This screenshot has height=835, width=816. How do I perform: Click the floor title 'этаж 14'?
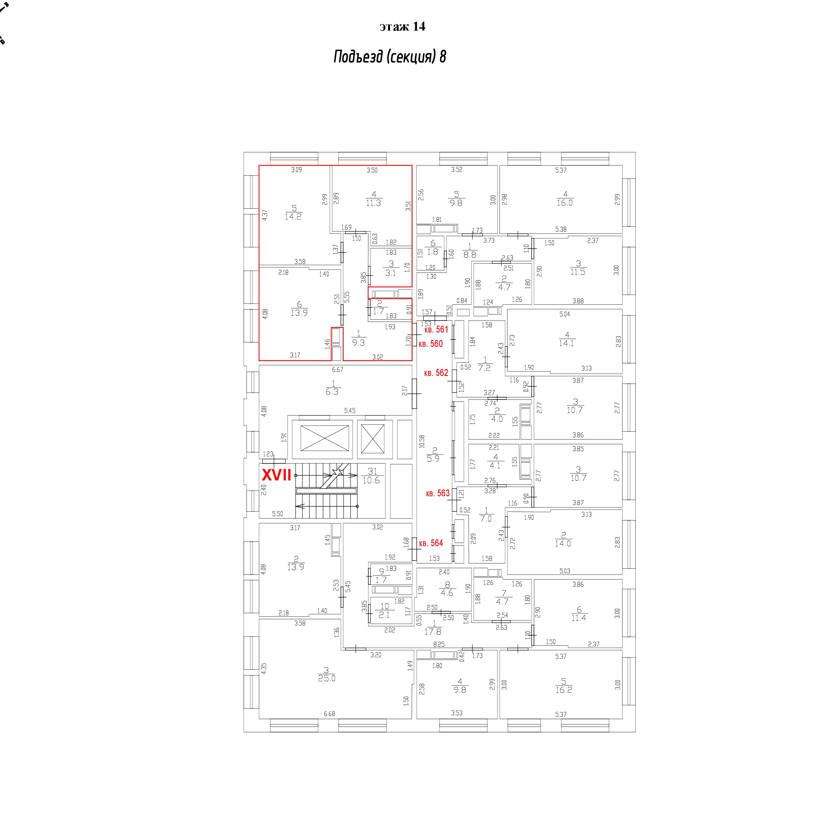coord(402,27)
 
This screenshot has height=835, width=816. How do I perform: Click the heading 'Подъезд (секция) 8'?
coord(390,57)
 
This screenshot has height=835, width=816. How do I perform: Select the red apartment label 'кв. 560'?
coord(430,343)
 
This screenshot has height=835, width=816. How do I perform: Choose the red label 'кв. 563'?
coord(438,493)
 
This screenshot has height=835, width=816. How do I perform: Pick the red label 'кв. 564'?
coord(431,543)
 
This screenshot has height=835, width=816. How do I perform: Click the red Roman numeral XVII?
coord(276,475)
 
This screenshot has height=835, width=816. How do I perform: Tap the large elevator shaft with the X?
coord(325,438)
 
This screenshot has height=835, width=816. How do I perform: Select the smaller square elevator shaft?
coord(373,438)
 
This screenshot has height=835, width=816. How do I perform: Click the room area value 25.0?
coord(327,678)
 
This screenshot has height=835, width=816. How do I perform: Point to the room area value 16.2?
coord(564,689)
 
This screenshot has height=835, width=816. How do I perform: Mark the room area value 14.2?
coord(293,216)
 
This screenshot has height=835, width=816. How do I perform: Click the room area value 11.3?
coord(373,203)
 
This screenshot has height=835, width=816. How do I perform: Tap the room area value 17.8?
coord(433,632)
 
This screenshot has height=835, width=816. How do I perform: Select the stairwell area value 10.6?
coord(371,480)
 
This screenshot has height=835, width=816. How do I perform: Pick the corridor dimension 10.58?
coord(422,441)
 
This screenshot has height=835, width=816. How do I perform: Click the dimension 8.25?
coord(439,644)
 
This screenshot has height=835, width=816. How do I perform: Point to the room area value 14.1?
coord(566,343)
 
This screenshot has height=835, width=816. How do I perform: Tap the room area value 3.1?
coord(390,273)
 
